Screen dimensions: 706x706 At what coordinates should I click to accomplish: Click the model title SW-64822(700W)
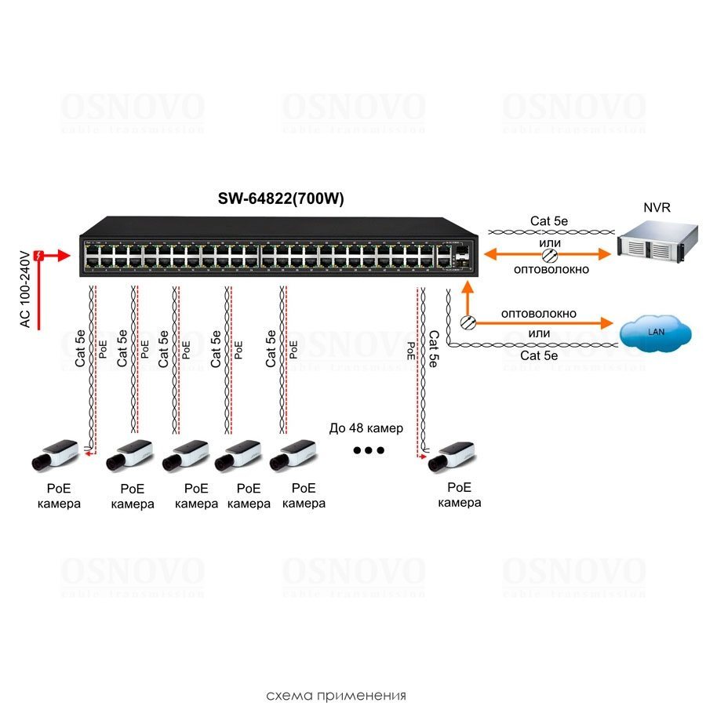click(280, 198)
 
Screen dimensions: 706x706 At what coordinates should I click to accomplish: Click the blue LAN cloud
click(655, 333)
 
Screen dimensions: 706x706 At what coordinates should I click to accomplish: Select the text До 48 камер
click(366, 428)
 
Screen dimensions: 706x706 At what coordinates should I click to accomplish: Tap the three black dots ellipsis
click(368, 450)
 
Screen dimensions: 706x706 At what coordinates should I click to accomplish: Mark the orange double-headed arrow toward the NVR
click(548, 254)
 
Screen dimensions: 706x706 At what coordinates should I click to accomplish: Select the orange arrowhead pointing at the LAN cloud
click(606, 322)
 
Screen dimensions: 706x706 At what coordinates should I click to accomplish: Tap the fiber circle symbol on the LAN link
click(468, 322)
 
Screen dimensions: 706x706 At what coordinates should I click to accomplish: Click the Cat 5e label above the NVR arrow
click(549, 221)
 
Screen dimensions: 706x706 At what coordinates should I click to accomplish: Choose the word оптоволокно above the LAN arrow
click(539, 313)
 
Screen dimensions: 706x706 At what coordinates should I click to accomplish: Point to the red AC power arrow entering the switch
click(63, 256)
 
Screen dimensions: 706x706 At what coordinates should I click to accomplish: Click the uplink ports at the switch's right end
click(454, 254)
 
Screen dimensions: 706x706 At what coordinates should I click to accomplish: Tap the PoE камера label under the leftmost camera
click(59, 496)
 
